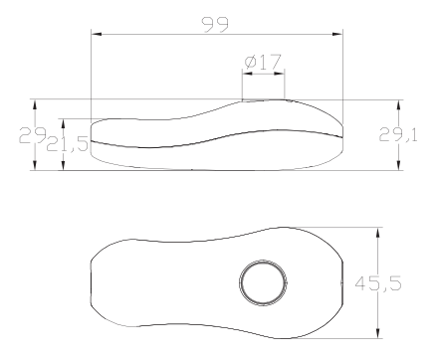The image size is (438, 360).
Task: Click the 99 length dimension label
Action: (215, 24)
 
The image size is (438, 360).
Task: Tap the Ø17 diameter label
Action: (263, 62)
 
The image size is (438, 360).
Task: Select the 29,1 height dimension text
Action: (398, 135)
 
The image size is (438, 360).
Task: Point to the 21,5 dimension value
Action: (68, 144)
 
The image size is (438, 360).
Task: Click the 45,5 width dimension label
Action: (378, 283)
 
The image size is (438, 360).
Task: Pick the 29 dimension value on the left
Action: (32, 135)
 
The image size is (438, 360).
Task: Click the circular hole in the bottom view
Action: (264, 282)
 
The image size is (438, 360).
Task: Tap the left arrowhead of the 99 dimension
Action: (97, 34)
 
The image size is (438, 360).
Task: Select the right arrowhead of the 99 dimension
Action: (337, 34)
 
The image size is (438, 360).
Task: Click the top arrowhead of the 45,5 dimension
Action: (377, 233)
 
